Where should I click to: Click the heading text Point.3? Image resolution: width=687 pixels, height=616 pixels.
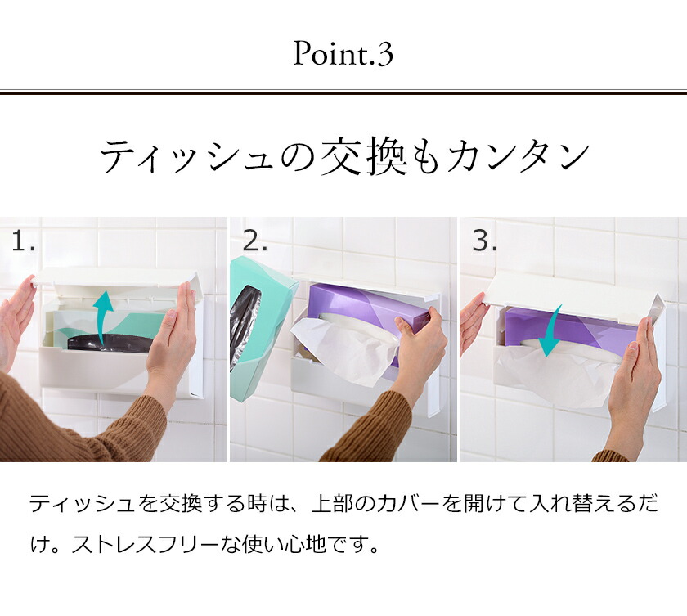pyautogui.click(x=343, y=55)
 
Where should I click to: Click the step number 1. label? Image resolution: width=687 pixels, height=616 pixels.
pyautogui.click(x=24, y=241)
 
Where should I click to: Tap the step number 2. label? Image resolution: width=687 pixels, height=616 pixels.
pyautogui.click(x=255, y=241)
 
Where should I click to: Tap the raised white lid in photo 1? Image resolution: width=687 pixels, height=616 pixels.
pyautogui.click(x=114, y=278)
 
